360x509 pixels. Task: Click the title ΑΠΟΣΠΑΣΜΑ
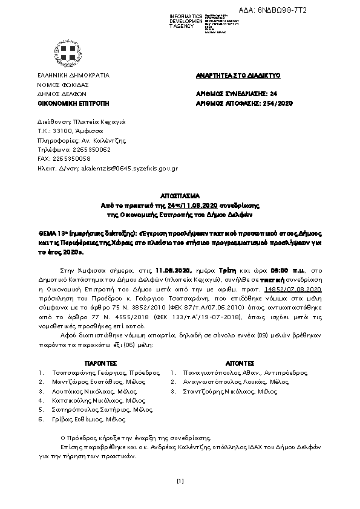coord(180,196)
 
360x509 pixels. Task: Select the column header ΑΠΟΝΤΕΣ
coord(240,363)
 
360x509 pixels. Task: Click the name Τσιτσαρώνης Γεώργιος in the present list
coord(84,373)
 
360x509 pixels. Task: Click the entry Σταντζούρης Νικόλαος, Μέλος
coord(244,391)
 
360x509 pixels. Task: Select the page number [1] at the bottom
coord(180,481)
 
